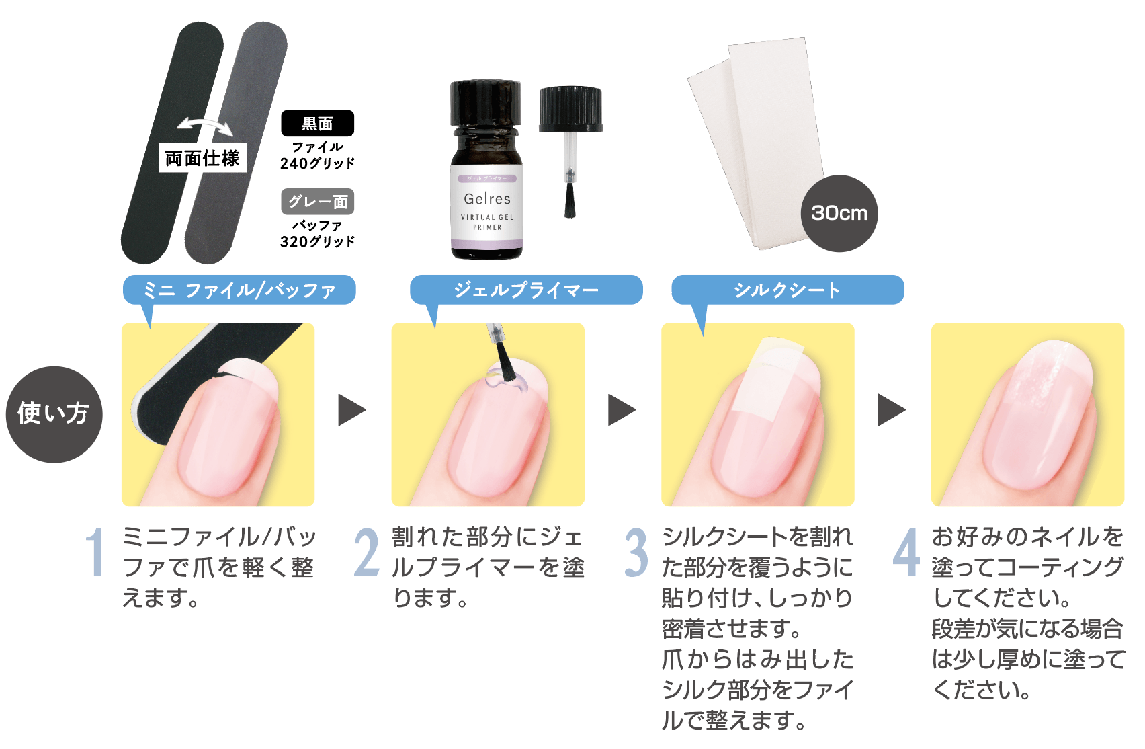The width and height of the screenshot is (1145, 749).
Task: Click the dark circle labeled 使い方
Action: [54, 414]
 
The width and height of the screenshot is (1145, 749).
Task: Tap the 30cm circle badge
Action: [839, 213]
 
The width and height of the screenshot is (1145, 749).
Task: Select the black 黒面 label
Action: [317, 123]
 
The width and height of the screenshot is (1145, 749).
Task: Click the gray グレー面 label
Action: [317, 202]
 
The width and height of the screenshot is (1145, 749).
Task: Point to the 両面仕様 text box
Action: [202, 158]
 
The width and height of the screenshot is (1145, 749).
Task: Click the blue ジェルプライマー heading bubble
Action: [526, 290]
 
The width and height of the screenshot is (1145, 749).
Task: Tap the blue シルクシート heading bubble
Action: [788, 290]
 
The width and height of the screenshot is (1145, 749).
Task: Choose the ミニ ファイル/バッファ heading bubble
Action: [239, 290]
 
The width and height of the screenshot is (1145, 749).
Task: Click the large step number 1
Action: [95, 553]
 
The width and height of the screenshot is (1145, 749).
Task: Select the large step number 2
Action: [366, 553]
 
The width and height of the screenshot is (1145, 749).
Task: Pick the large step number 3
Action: [636, 553]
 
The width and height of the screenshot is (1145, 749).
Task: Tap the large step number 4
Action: [906, 553]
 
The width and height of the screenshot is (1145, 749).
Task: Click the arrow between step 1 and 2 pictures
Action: [351, 410]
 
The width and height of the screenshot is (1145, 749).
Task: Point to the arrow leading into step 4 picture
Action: [892, 410]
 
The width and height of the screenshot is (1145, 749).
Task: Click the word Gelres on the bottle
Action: [487, 198]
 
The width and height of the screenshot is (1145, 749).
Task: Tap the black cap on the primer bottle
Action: [486, 102]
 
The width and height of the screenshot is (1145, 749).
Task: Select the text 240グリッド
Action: [317, 163]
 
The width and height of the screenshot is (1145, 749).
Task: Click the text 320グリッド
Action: [317, 241]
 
